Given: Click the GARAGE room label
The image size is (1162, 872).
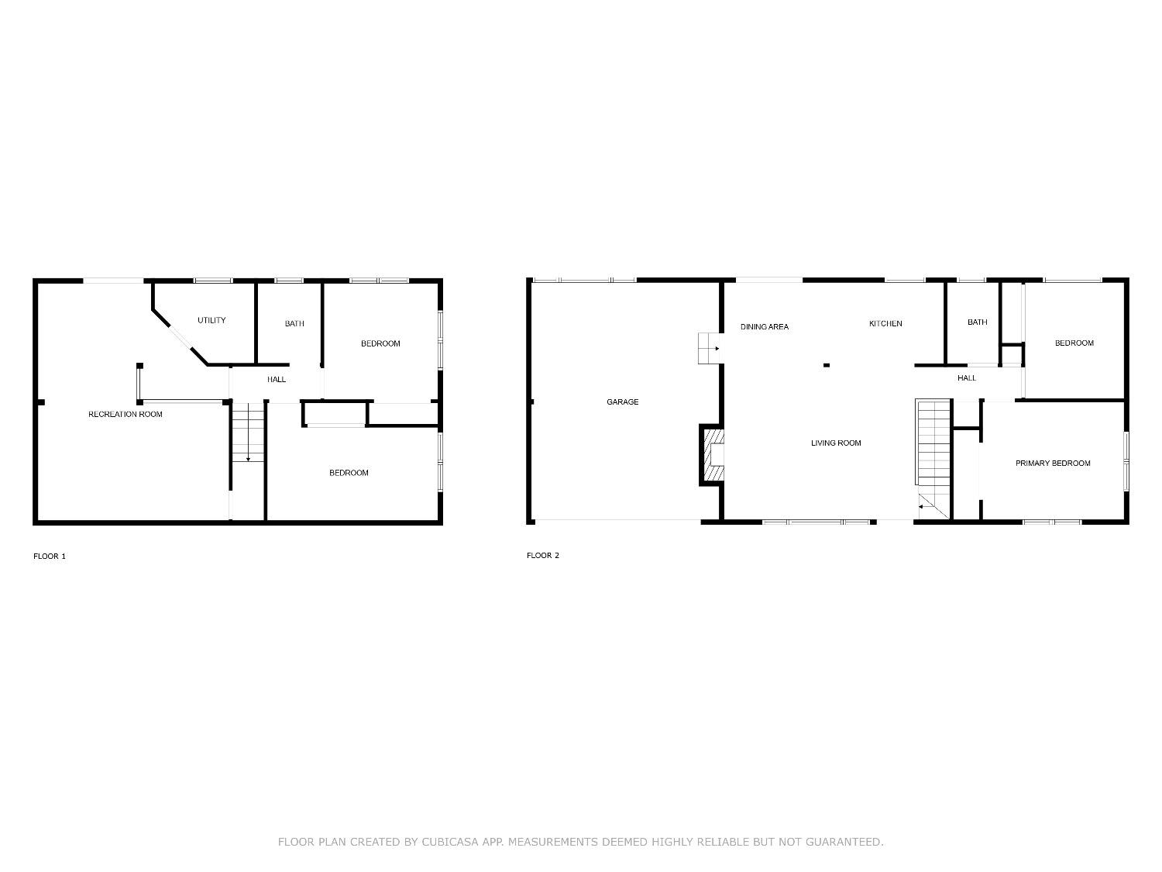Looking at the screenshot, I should coord(622,402).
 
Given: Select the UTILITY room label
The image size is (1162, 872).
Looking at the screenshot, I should coord(211,320).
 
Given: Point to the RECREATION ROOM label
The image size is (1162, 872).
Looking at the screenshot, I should coord(125,414).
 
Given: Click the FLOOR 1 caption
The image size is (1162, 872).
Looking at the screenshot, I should coord(50,556).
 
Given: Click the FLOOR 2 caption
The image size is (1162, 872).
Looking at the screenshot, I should coord(542,555).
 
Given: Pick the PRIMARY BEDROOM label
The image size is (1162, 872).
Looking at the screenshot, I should coord(1053,463).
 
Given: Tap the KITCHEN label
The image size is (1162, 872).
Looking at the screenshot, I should coord(885,323).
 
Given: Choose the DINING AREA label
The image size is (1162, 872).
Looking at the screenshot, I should coord(764,326).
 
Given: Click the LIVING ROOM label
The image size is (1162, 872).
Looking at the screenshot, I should coord(836,443).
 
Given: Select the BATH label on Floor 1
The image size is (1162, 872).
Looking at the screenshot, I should coord(294,323).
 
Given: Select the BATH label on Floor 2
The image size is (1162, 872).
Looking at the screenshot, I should coord(978,322).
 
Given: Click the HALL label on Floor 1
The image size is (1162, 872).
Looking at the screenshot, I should coord(277,379).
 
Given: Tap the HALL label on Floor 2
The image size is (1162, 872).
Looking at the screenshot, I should coord(967,377).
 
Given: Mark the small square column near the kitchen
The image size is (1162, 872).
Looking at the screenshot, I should coord(827,365).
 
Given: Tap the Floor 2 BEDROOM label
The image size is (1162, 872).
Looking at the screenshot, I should coord(1074,343).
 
